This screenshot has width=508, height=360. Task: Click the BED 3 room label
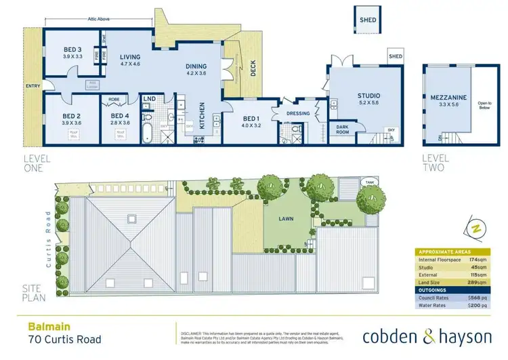click(72, 49)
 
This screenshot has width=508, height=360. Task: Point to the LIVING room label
click(129, 58)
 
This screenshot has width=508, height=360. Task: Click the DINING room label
click(196, 66)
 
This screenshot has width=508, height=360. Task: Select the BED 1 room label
click(251, 117)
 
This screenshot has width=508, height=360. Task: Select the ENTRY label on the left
click(32, 86)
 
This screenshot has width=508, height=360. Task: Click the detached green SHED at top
click(368, 20)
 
